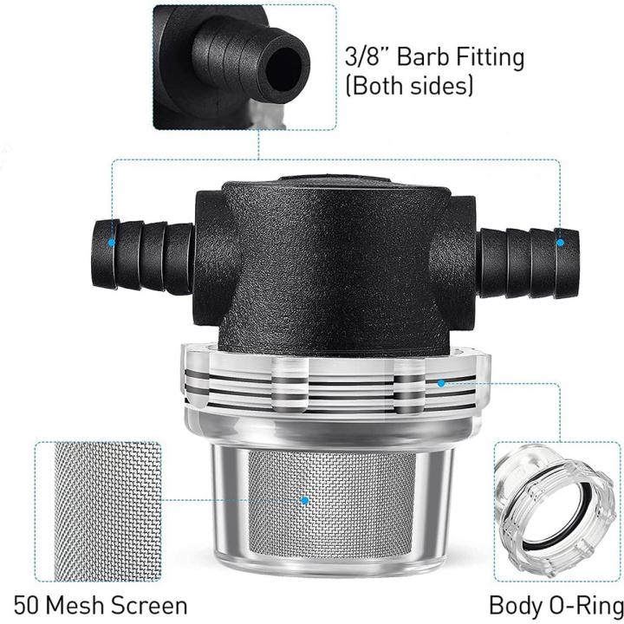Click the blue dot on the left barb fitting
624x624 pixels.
tap(112, 243)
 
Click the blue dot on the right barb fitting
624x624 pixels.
tap(560, 243)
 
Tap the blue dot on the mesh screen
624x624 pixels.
tap(305, 500)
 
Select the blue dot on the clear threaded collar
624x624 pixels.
tap(441, 383)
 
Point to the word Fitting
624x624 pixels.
tap(491, 57)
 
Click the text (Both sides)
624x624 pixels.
tap(409, 86)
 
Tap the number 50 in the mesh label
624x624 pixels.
tap(27, 605)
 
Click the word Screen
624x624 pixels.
tap(149, 605)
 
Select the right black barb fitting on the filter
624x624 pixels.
tap(528, 263)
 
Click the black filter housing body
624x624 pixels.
tap(335, 264)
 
